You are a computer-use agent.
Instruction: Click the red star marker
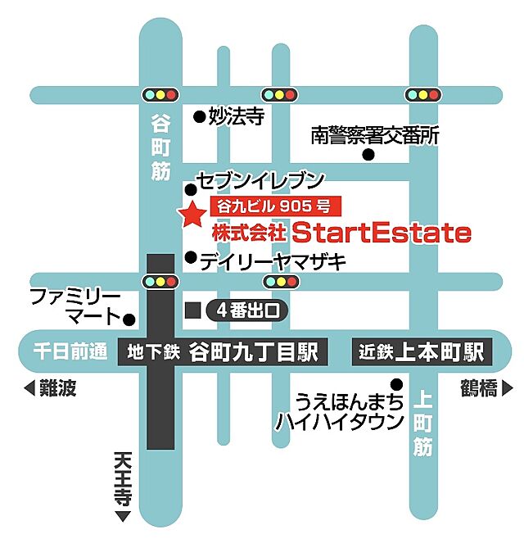(192, 215)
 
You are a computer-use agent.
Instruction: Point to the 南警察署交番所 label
(374, 135)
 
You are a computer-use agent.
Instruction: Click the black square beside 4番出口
(193, 310)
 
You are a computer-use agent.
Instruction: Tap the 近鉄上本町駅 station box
(422, 352)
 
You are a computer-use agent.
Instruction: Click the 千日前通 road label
(70, 352)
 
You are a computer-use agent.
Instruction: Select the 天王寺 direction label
(123, 483)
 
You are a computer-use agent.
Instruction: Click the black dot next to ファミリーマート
(129, 317)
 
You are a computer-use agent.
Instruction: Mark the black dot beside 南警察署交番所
(369, 154)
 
